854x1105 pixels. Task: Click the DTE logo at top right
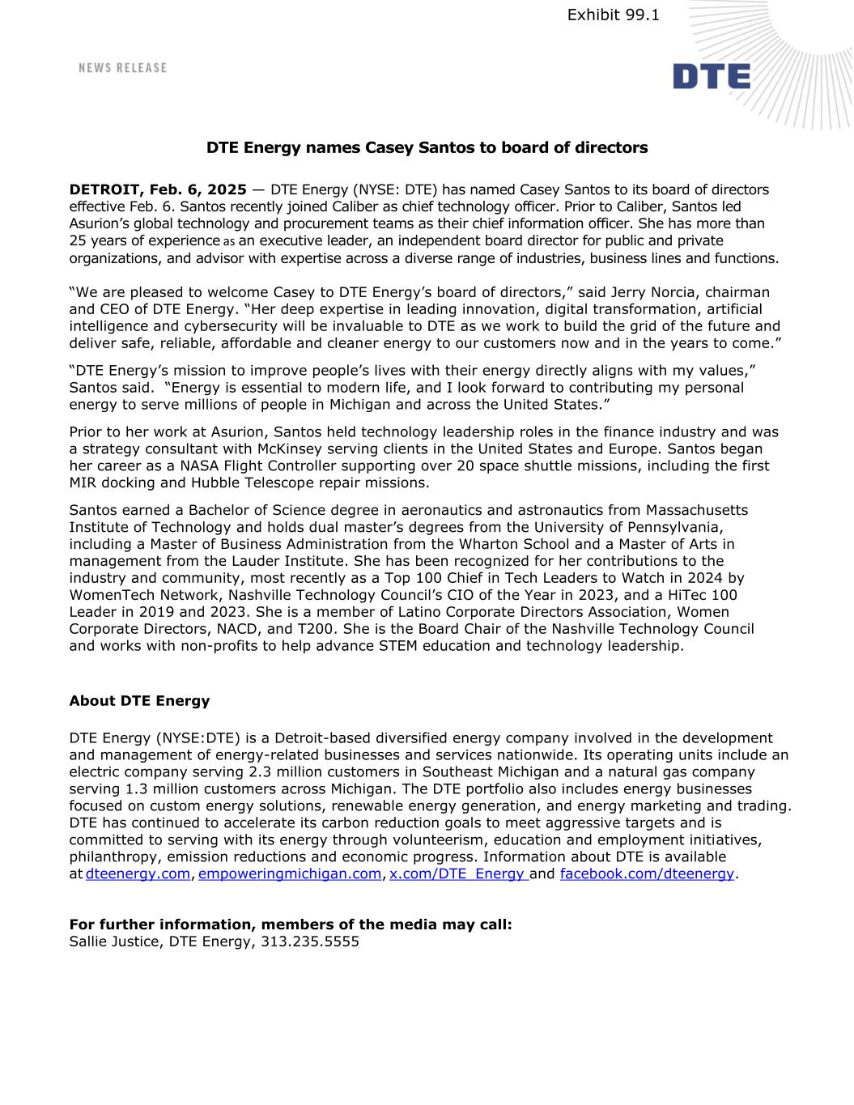coord(711,76)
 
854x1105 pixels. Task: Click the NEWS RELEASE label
coord(122,68)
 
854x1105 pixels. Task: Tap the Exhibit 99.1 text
coord(613,15)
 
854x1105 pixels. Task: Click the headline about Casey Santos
coord(427,147)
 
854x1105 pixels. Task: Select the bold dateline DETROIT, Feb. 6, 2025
coord(158,189)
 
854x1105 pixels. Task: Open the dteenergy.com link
coord(138,873)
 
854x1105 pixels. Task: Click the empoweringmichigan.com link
coord(289,873)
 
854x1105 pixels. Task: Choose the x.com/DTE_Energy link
coord(457,873)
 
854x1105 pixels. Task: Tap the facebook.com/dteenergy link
coord(647,873)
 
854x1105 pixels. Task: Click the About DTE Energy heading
coord(139,701)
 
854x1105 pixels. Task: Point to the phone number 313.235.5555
coord(310,941)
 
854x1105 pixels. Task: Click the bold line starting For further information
coord(291,924)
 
